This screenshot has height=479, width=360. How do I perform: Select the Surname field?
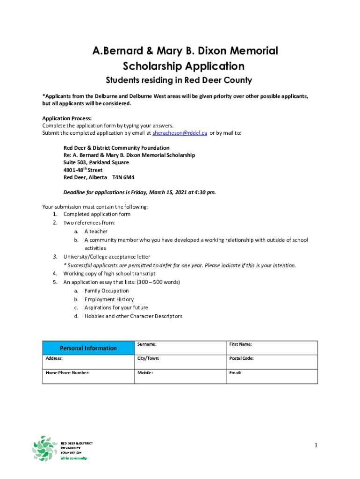click(x=180, y=348)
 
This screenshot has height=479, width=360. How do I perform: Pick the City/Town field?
click(x=180, y=362)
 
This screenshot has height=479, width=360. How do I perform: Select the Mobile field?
click(x=180, y=377)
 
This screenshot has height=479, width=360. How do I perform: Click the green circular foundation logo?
click(x=45, y=449)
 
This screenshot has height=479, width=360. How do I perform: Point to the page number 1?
click(x=316, y=445)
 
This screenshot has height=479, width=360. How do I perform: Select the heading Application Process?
click(x=67, y=118)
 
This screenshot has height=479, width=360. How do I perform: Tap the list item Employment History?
click(x=109, y=299)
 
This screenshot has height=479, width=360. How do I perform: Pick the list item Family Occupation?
click(x=107, y=291)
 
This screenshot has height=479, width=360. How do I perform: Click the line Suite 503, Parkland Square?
click(x=96, y=163)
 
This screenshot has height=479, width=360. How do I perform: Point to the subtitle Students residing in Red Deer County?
click(x=179, y=80)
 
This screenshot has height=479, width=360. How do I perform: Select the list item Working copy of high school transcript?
click(x=109, y=274)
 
